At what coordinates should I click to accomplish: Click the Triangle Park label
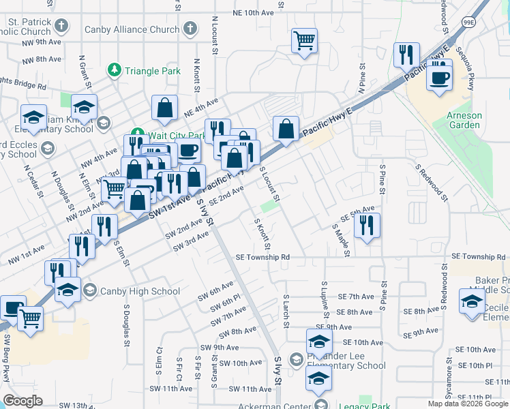coord(152,71)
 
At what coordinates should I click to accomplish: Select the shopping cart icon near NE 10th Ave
coord(304,40)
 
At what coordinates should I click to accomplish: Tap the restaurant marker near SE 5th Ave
coord(367,225)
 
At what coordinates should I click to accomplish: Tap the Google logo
coord(23,401)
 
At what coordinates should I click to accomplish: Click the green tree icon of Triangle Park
coord(114,70)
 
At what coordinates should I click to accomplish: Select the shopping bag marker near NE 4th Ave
coord(164,108)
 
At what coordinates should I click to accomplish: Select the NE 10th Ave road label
coord(252,12)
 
